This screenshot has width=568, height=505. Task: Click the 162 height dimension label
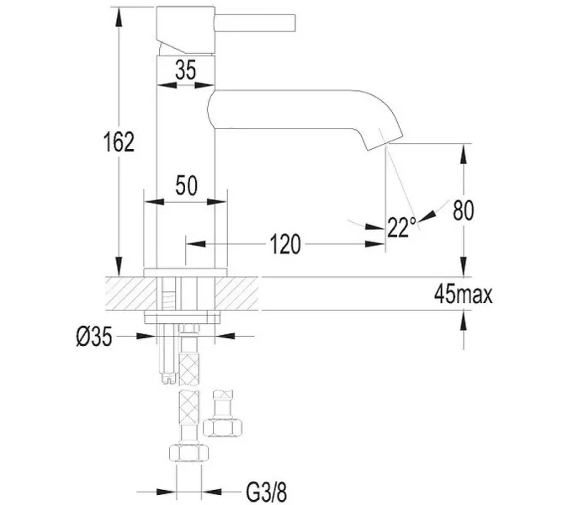tap(119, 141)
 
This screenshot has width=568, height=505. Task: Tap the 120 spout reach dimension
tap(285, 244)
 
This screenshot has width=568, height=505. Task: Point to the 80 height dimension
tap(464, 210)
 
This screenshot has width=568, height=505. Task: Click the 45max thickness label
tap(464, 294)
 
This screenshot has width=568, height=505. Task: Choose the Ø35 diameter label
tap(94, 337)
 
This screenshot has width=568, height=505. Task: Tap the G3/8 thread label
tap(266, 492)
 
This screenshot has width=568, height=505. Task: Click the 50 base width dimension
tap(186, 185)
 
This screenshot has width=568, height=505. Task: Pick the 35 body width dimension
tap(185, 70)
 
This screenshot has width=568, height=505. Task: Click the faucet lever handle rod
tap(255, 23)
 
